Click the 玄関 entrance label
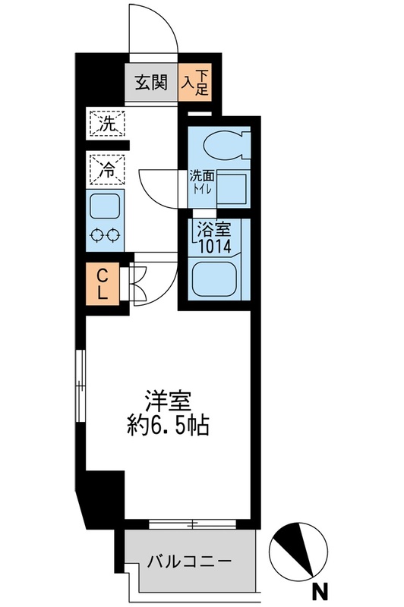[x=151, y=83]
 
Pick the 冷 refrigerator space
[x=106, y=168]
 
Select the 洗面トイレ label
[x=203, y=180]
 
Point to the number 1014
[x=213, y=246]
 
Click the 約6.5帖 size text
[x=167, y=424]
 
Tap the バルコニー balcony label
[x=189, y=562]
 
